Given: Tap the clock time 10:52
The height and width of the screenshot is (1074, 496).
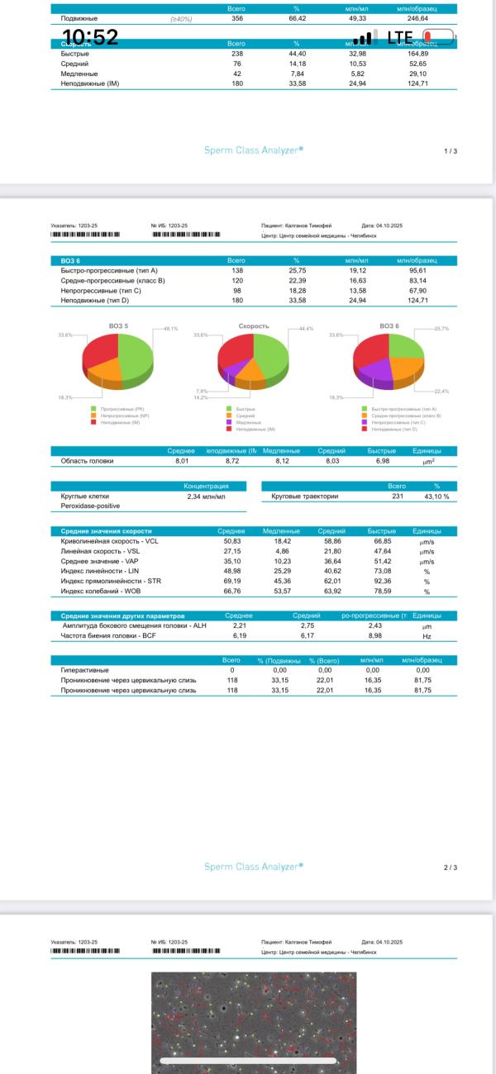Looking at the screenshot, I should pos(90,36).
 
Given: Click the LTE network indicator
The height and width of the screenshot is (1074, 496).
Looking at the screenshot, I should pos(399,37).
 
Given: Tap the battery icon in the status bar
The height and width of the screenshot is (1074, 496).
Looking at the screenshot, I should pos(438,37).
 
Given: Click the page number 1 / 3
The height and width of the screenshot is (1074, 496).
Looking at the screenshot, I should pos(451,151).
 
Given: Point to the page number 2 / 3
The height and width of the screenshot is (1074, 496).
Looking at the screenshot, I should pos(451,867).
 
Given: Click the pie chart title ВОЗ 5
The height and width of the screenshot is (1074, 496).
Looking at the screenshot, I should pos(118,326).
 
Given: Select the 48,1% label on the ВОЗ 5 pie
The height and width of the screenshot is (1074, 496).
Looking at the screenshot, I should pos(171,329).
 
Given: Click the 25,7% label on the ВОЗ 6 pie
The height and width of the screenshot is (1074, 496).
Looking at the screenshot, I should pos(441,329).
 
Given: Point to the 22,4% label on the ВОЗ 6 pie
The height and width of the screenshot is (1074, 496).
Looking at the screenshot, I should pos(441,391).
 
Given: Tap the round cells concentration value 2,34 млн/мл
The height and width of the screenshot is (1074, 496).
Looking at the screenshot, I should pos(206,497).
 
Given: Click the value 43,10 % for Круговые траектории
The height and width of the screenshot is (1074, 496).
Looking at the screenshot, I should pos(436,497).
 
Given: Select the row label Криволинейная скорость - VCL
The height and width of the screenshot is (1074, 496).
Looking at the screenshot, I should pos(109,541).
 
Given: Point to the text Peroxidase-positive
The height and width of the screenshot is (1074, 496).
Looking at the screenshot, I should pos(90,506).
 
